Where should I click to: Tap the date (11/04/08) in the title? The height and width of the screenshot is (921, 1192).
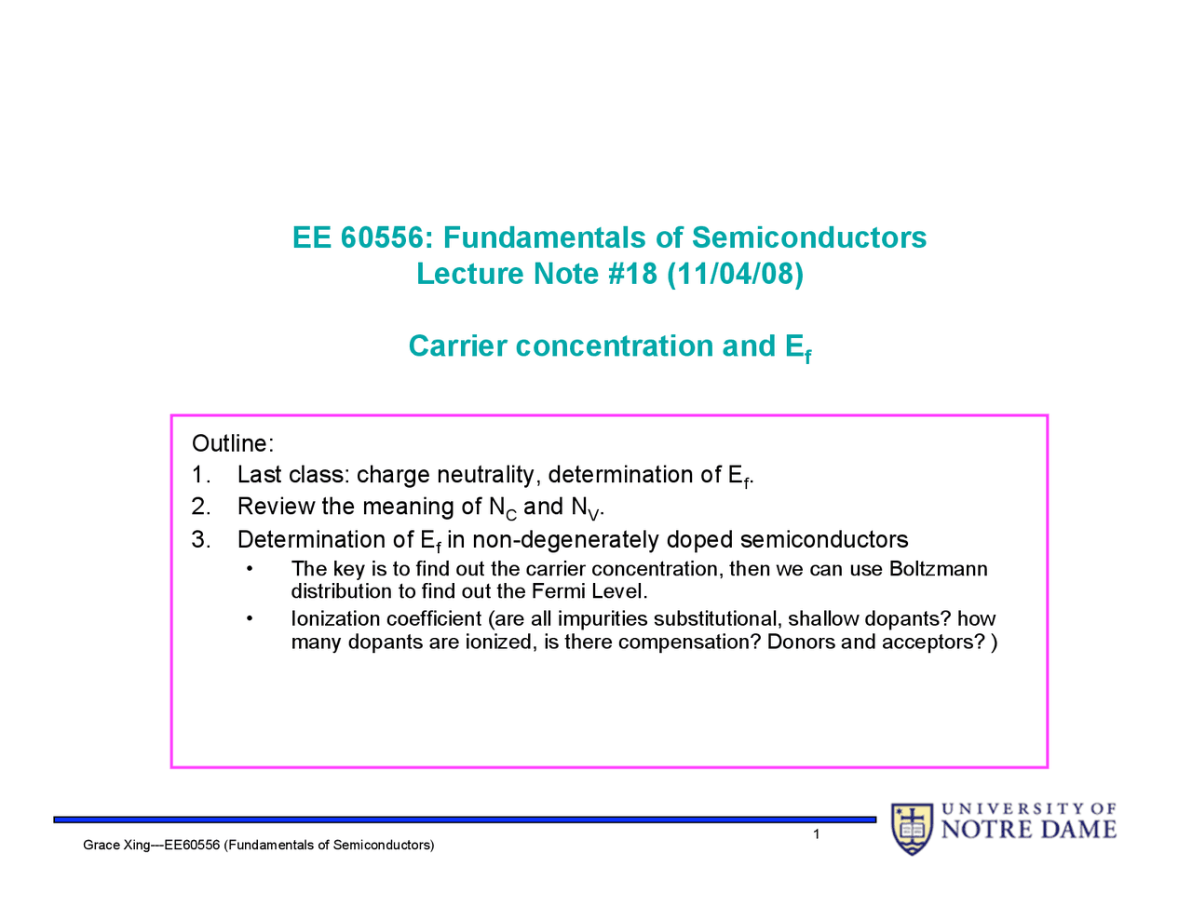point(735,275)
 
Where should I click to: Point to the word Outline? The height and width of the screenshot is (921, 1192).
point(230,443)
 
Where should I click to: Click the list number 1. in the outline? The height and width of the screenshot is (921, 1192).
point(200,475)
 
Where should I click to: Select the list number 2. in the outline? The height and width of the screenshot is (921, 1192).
point(200,507)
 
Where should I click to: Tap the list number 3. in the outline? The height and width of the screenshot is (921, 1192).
point(200,540)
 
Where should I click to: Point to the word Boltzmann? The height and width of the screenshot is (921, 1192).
point(938,569)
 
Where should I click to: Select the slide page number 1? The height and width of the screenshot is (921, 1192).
point(817,834)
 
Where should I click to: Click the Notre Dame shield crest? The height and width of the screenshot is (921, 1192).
point(912,828)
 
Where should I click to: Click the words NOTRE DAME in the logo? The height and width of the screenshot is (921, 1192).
point(1028,830)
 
